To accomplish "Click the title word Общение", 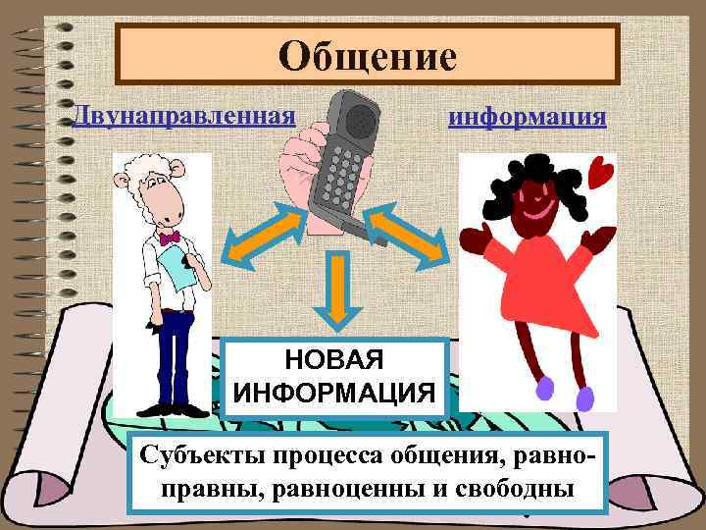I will tap(368, 56).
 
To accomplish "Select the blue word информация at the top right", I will tap(527, 117).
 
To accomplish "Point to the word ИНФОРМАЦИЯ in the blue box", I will tap(336, 392).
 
